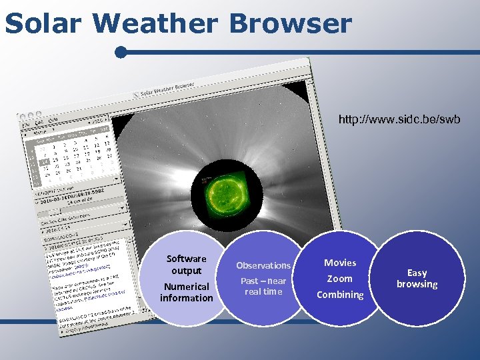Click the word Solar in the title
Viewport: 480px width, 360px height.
point(45,23)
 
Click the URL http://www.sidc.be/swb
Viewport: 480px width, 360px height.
point(399,120)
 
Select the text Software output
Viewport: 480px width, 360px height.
point(187,265)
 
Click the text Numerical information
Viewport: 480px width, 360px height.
point(187,292)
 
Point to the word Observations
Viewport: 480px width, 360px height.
point(263,265)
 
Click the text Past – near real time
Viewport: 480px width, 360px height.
point(263,286)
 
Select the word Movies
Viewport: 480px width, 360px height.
point(340,263)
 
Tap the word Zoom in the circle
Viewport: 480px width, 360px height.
point(339,279)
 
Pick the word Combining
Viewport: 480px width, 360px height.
point(340,295)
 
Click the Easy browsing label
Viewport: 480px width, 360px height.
point(417,279)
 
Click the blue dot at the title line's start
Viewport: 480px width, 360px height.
point(120,52)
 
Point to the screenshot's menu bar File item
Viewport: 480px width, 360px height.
point(26,124)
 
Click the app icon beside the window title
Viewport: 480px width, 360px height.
point(137,95)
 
